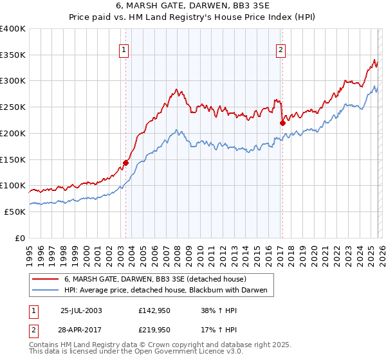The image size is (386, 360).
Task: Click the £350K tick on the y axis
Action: pyautogui.click(x=13, y=55)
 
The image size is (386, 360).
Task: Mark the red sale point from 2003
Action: pyautogui.click(x=126, y=163)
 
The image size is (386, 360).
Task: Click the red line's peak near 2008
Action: pyautogui.click(x=176, y=89)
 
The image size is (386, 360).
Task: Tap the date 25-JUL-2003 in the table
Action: pyautogui.click(x=81, y=310)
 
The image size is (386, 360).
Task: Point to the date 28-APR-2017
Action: pyautogui.click(x=81, y=329)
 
